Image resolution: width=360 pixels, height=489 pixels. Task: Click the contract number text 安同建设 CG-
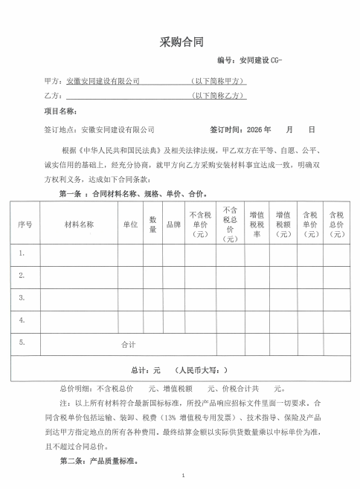click(x=260, y=59)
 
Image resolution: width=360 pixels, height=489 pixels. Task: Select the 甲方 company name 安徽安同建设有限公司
click(x=103, y=80)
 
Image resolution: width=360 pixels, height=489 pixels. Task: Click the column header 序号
click(x=25, y=224)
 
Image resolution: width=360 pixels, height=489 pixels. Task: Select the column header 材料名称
click(x=79, y=224)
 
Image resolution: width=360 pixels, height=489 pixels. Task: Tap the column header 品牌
click(x=173, y=224)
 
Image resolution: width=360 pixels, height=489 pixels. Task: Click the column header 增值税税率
click(x=257, y=224)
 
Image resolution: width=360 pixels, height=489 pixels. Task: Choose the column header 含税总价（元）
click(x=337, y=224)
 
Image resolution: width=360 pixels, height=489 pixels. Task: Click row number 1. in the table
click(x=23, y=253)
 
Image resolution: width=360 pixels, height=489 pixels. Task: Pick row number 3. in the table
click(x=23, y=298)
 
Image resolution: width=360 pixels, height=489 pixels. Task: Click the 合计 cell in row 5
click(x=128, y=345)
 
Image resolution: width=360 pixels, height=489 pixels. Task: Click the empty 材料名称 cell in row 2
click(x=79, y=276)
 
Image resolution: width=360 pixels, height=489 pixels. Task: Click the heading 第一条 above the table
click(x=72, y=193)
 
